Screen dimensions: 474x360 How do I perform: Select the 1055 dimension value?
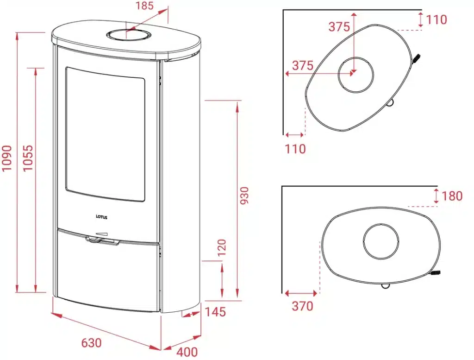click(28, 158)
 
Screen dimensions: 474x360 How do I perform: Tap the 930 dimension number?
click(244, 196)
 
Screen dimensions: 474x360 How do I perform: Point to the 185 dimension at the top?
click(145, 6)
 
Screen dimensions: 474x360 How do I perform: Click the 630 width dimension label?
click(92, 343)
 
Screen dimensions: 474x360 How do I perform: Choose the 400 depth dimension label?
click(187, 352)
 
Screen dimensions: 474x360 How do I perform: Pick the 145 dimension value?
click(216, 312)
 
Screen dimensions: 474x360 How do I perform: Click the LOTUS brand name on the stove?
click(101, 217)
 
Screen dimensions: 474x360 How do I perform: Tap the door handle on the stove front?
click(102, 240)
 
